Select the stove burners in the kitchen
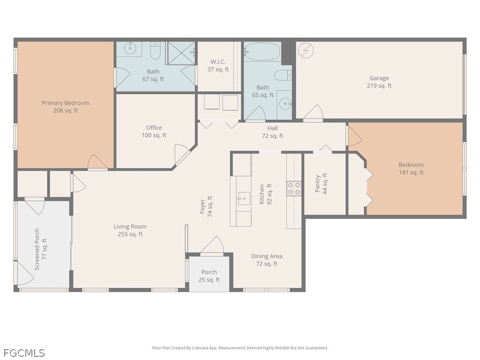294,188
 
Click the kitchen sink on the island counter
244,199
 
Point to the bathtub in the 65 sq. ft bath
262,52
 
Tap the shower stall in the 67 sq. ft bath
181,53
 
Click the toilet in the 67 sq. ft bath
156,51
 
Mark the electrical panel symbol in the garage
306,50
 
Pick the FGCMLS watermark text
24,353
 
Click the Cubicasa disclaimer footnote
240,348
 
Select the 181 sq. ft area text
411,172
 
